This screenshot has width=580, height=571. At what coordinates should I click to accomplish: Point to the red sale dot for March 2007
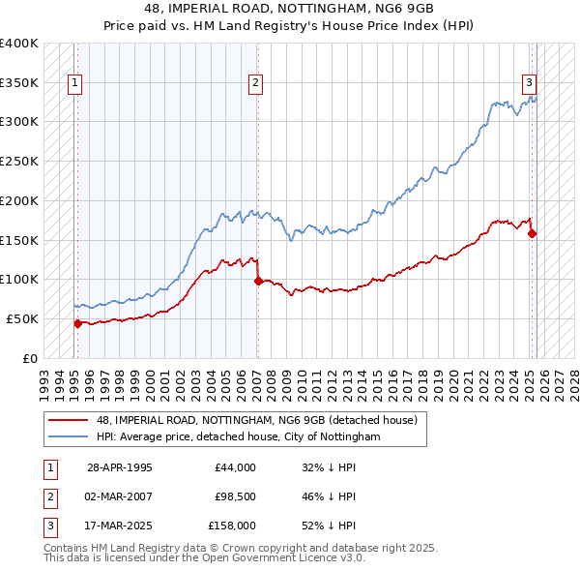coord(258,281)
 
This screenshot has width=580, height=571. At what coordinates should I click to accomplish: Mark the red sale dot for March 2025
coord(532,233)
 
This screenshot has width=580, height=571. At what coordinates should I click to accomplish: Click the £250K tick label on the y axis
coord(19,161)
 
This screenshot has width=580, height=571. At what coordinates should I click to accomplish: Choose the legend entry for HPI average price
coord(239,437)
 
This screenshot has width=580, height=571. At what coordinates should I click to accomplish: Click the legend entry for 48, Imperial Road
coord(256,420)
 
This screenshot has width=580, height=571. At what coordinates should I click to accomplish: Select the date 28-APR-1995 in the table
coord(120,467)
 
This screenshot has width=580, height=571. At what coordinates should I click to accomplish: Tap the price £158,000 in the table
coord(232,526)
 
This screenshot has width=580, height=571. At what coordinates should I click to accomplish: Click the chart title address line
coord(289,10)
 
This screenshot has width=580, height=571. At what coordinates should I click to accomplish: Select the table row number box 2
coord(47,496)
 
